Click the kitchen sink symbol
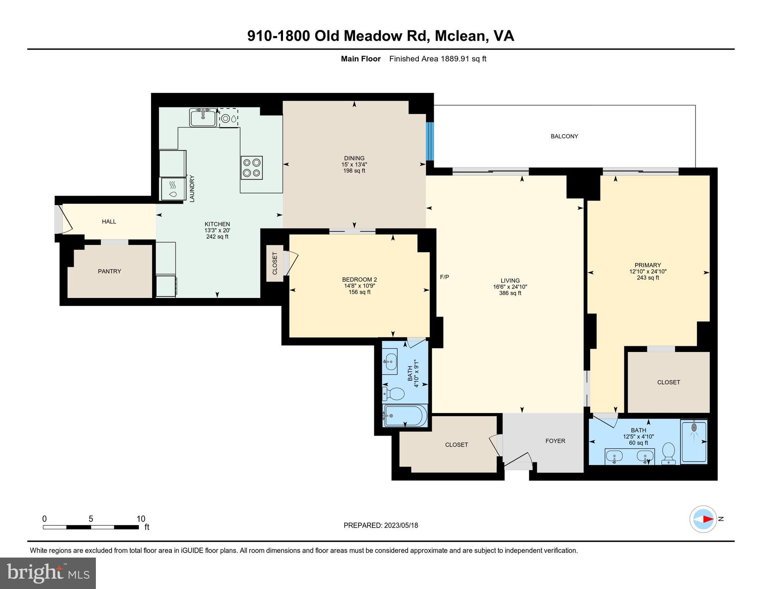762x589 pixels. point(203,117)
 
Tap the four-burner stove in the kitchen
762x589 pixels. point(252,168)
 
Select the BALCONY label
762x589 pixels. point(564,136)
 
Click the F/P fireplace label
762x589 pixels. point(444,277)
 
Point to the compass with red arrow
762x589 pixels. point(703,519)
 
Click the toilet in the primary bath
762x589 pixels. point(669,453)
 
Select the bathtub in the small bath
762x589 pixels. point(405,416)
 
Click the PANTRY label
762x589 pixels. point(109,271)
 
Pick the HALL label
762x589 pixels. point(109,221)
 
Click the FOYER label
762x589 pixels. point(555,441)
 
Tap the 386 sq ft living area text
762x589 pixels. point(510,293)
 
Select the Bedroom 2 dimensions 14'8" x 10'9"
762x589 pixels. point(359,286)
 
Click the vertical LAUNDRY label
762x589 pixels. point(192,188)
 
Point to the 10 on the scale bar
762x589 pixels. point(141,519)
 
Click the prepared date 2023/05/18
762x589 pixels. point(400,525)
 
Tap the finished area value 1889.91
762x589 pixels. point(455,59)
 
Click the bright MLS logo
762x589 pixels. point(48,573)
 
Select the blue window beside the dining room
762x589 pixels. point(430,141)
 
